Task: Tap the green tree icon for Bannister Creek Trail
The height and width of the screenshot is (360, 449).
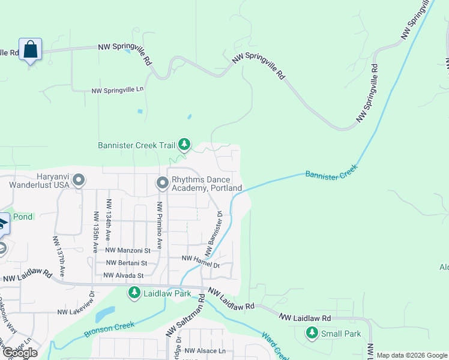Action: [185, 145]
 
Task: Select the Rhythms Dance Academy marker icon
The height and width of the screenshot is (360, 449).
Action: [162, 182]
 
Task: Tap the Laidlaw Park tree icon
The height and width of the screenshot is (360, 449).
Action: [134, 293]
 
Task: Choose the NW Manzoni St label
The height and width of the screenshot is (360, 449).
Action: [127, 250]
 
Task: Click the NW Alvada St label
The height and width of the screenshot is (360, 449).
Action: [124, 275]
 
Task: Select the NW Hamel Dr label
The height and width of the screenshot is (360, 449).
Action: [201, 258]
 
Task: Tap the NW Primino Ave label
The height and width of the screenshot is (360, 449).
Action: [160, 224]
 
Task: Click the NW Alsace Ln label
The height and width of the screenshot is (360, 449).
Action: [205, 351]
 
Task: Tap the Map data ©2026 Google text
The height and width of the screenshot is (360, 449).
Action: [411, 355]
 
